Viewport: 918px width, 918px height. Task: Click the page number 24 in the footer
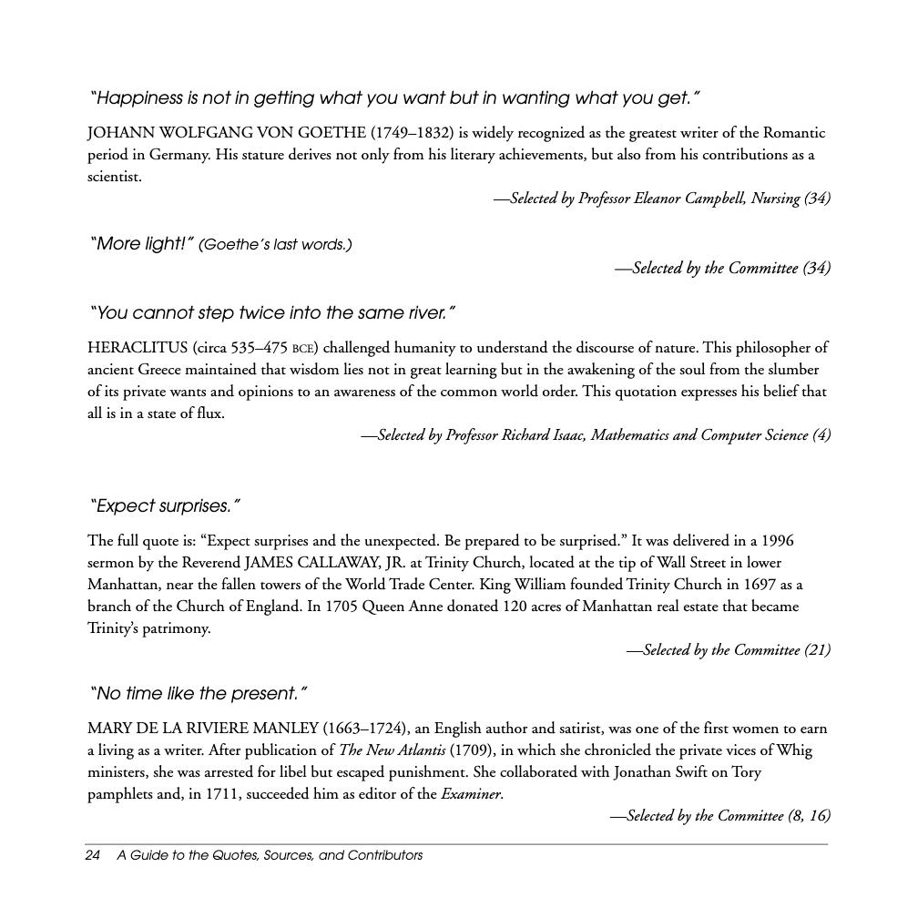(x=92, y=855)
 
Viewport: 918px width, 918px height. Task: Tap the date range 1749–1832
(x=412, y=133)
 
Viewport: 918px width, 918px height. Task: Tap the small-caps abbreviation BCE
(x=302, y=349)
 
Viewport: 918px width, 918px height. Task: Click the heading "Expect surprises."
(x=165, y=506)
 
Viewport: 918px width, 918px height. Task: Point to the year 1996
(x=777, y=541)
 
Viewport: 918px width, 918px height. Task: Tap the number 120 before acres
(x=515, y=607)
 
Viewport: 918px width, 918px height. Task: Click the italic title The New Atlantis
(x=392, y=750)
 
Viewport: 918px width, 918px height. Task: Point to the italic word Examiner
(x=471, y=794)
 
